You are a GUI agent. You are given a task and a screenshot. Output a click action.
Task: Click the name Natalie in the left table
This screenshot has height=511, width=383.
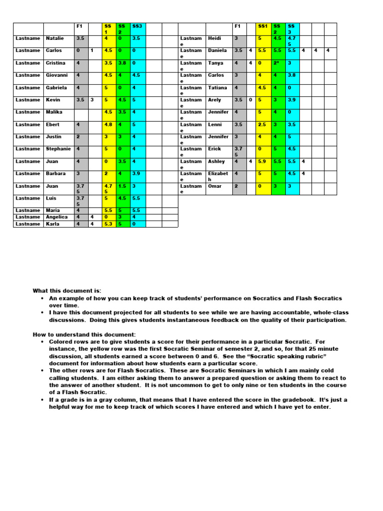pos(55,38)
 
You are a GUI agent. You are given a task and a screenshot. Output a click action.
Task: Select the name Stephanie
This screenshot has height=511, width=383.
pos(58,149)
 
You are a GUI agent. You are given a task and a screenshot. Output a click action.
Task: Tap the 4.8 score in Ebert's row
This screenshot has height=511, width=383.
pos(108,124)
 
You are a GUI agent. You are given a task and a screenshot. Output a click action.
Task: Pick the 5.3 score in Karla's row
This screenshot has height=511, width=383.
pos(108,224)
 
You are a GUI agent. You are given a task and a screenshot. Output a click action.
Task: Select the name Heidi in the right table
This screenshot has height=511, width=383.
pos(215,38)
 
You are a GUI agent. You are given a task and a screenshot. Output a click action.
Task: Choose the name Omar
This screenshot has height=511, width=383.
pos(214,186)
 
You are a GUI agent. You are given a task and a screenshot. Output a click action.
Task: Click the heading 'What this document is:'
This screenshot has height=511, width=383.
pos(67,290)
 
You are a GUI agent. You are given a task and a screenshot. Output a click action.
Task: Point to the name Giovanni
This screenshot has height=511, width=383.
pos(57,75)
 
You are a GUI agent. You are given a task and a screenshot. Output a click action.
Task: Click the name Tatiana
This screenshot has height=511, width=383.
pos(217,87)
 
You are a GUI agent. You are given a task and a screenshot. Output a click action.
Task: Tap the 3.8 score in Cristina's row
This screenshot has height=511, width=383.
pos(123,63)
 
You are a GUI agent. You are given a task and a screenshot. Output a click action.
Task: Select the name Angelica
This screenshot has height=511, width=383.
pos(57,217)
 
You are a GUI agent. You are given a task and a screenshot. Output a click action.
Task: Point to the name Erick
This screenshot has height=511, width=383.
pos(214,149)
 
